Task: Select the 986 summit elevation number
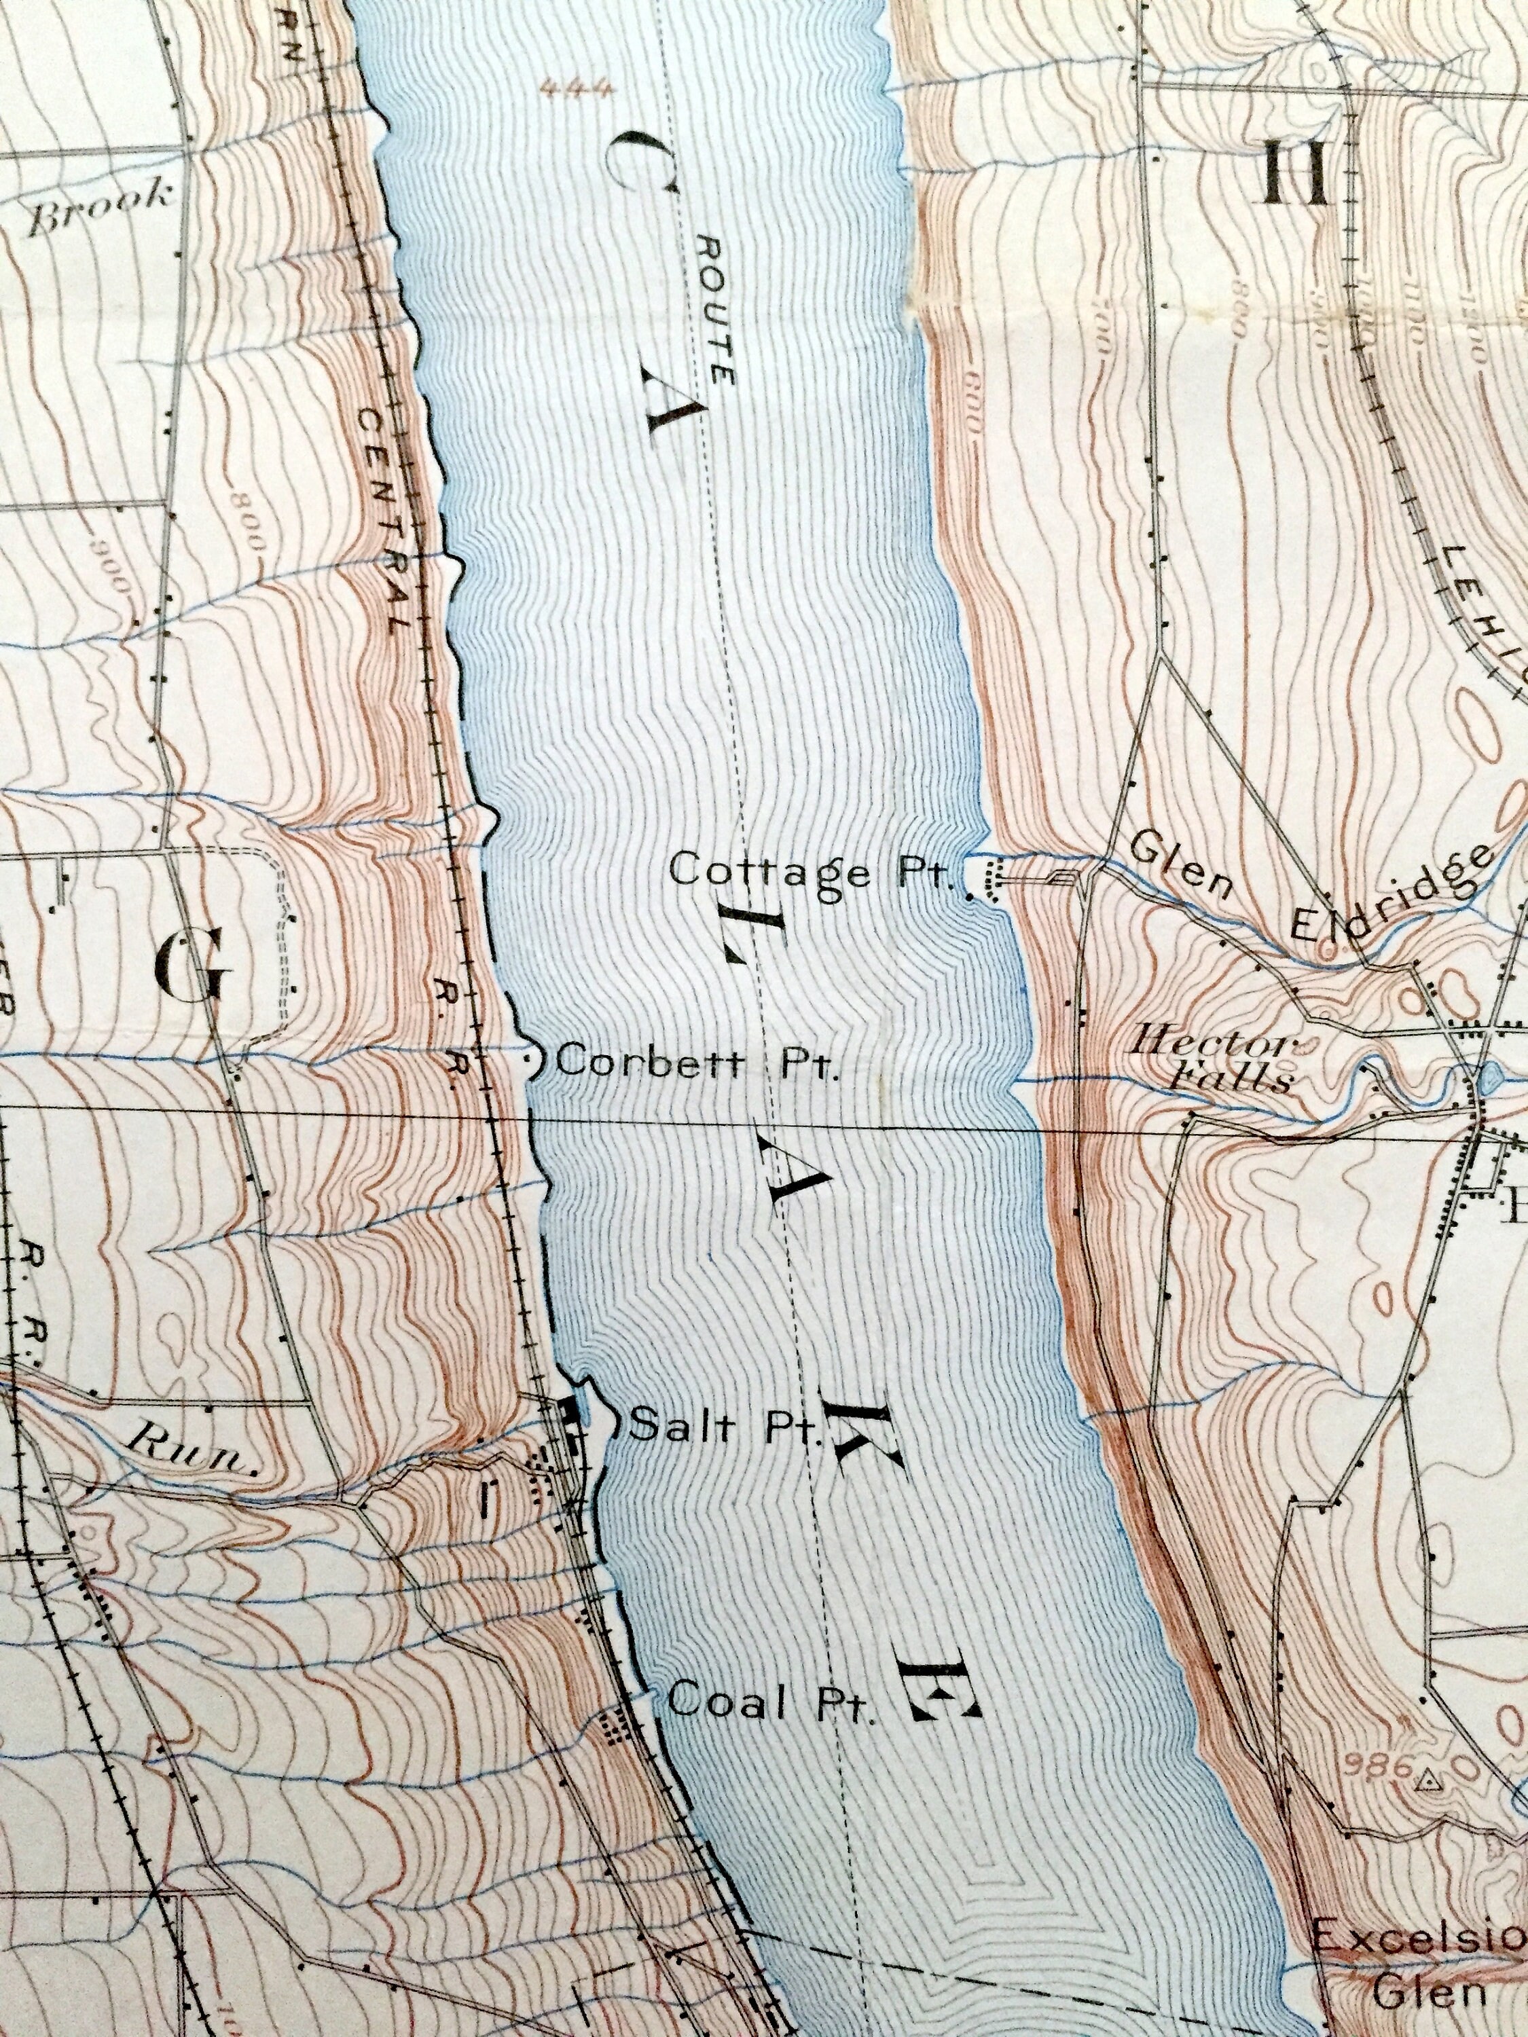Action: [x=1378, y=1765]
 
